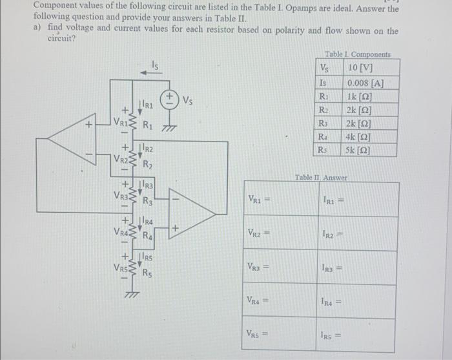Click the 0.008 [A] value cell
click(x=365, y=83)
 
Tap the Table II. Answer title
click(x=321, y=177)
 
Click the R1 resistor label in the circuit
click(x=148, y=124)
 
